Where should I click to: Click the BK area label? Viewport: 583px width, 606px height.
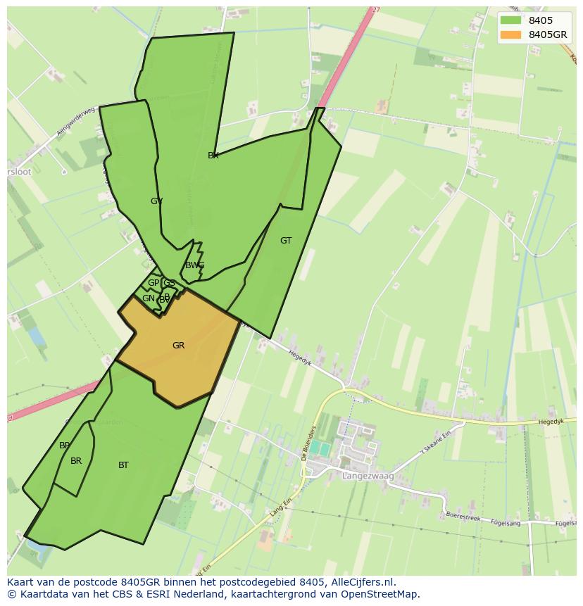[213, 156]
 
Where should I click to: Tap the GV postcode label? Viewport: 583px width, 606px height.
[156, 201]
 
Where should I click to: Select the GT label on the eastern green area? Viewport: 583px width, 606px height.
[286, 241]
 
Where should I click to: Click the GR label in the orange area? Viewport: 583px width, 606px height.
[178, 346]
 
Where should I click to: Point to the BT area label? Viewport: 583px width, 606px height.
[123, 465]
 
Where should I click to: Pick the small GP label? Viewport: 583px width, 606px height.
[153, 283]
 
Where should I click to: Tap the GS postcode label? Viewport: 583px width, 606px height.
[169, 283]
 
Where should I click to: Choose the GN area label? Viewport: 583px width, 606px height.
[148, 298]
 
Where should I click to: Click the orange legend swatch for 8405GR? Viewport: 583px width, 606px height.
[511, 35]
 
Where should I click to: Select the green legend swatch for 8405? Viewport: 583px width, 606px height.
[511, 20]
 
